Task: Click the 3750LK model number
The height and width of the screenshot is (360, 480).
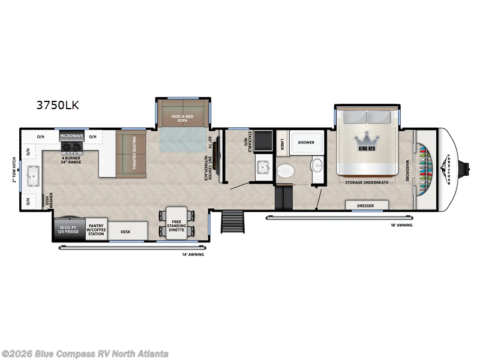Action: coord(58,106)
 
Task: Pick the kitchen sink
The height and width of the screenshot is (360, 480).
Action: coord(29,175)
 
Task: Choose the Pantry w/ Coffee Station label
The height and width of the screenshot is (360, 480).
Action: coord(96,230)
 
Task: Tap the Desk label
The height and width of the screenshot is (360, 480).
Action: coord(126,231)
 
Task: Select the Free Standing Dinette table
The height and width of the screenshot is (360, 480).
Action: coord(176,223)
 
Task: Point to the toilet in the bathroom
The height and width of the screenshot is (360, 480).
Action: coord(286,171)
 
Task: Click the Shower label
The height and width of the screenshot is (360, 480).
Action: coord(306,143)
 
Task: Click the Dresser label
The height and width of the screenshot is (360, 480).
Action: coord(365,206)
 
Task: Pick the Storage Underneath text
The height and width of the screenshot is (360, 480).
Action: coord(367,182)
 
